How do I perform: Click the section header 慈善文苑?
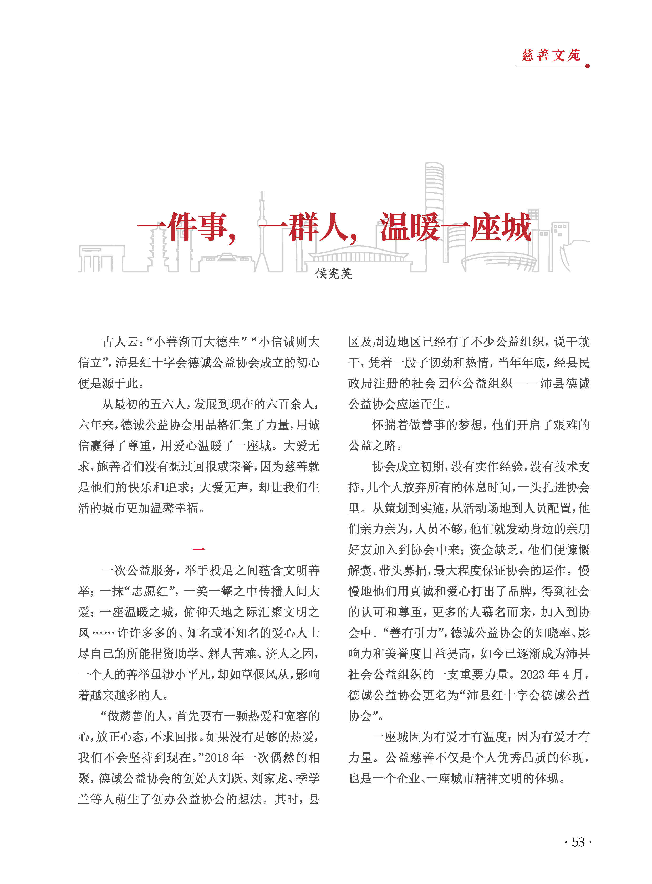coord(551,55)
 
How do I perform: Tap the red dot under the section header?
coord(587,66)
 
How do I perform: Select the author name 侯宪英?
coord(334,273)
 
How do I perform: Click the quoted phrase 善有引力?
coord(414,633)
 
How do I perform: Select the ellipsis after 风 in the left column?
coord(103,633)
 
